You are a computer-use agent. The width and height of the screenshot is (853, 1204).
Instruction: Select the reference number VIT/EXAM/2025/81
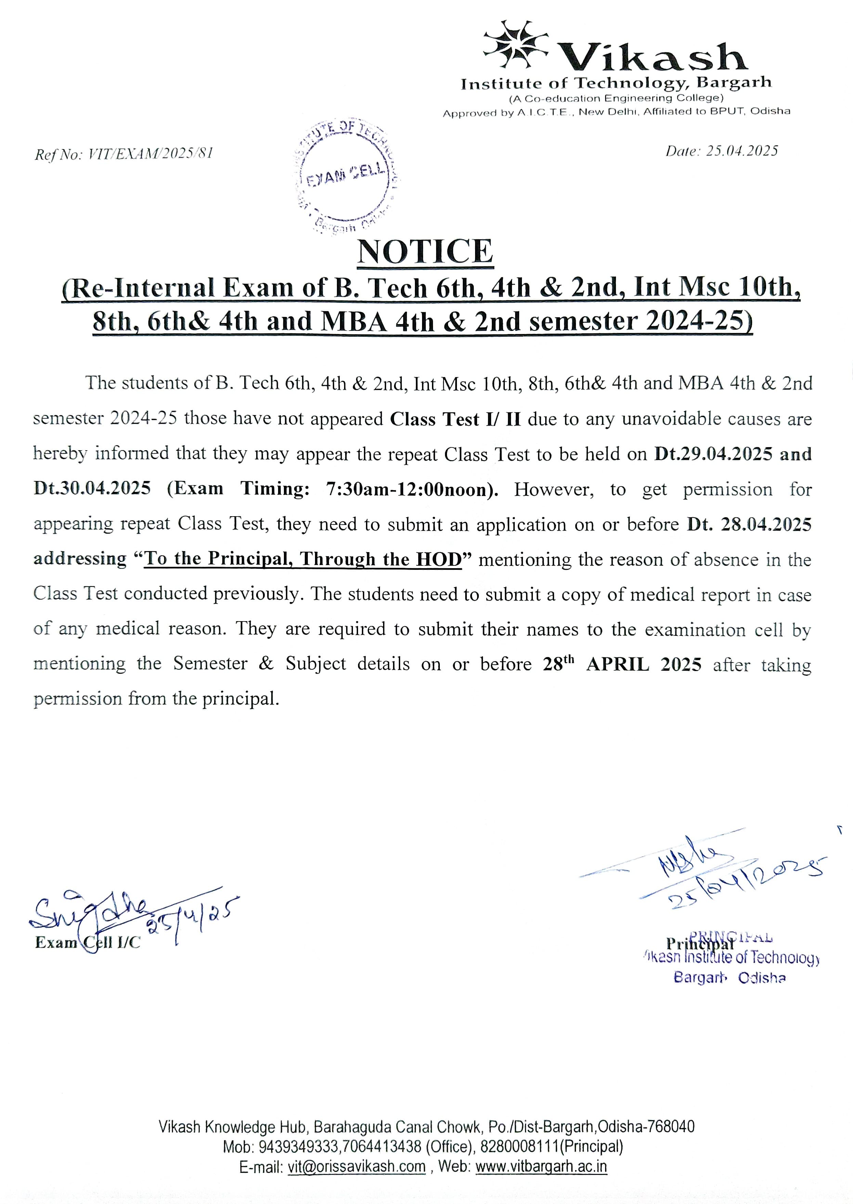coord(150,154)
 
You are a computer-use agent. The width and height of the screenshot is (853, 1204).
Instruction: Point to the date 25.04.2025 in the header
coord(742,151)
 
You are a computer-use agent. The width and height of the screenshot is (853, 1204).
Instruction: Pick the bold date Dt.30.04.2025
coord(92,489)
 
